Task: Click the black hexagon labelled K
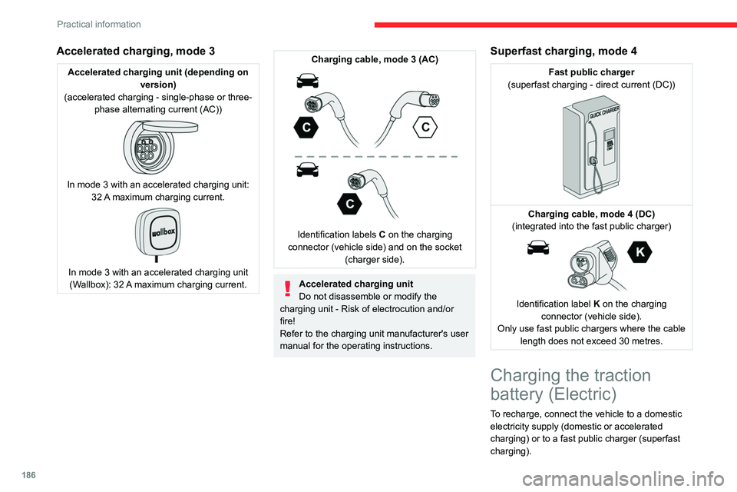[640, 252]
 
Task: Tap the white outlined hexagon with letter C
[425, 127]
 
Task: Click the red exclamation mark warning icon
[288, 288]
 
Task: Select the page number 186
[28, 475]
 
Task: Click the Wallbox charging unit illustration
[157, 234]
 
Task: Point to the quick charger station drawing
[591, 146]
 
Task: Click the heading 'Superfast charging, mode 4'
[563, 51]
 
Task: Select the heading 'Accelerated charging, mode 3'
[136, 51]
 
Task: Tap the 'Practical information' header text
[99, 24]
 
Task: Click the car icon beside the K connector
[538, 248]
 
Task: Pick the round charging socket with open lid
[160, 146]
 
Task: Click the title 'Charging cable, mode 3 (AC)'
[375, 59]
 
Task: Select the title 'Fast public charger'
[591, 72]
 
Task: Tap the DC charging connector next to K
[593, 265]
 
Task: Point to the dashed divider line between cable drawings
[375, 156]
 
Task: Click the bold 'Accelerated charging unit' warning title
[355, 284]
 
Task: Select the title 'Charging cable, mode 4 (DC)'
[591, 214]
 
